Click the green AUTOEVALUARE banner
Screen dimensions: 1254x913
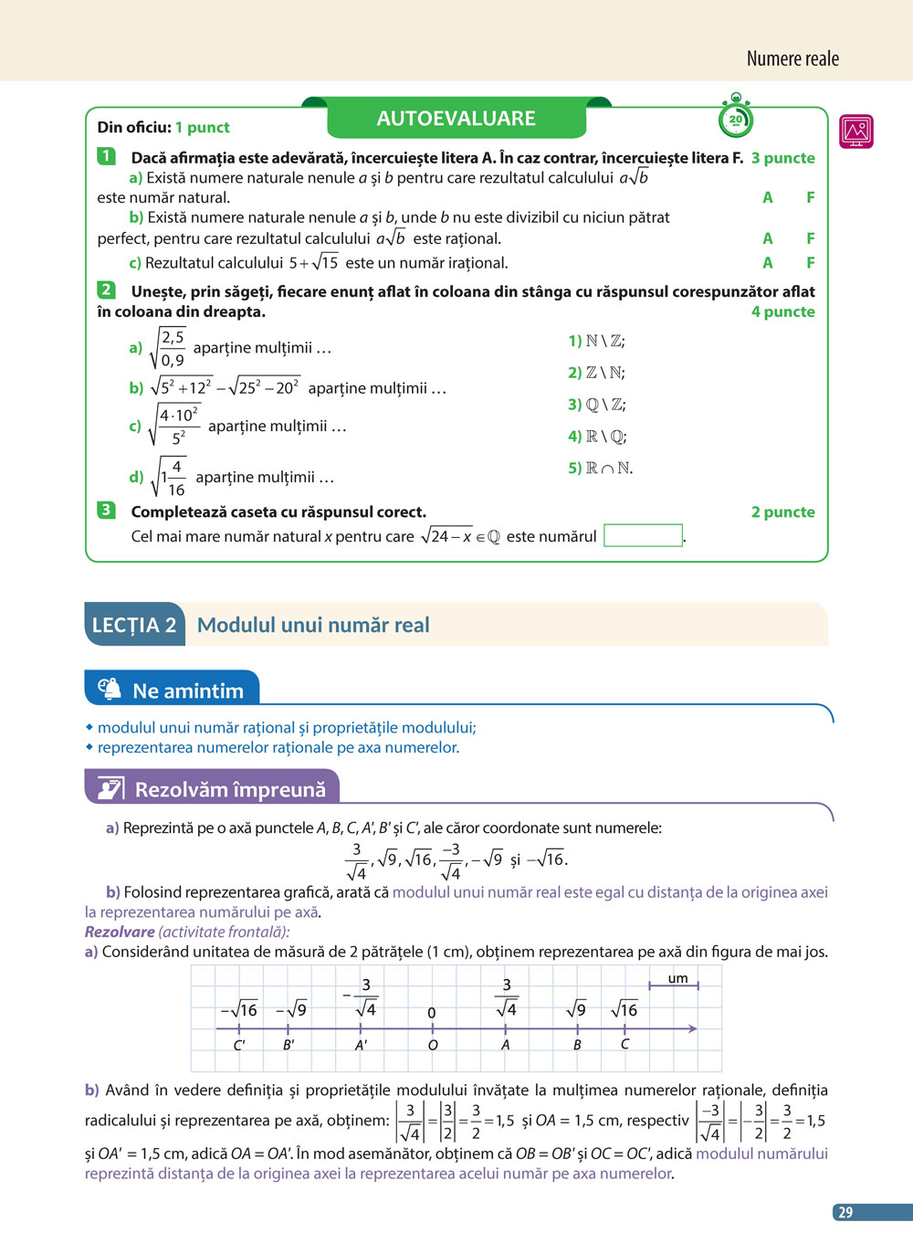pyautogui.click(x=456, y=119)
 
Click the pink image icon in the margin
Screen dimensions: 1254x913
pyautogui.click(x=856, y=132)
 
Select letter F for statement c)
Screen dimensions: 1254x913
pyautogui.click(x=810, y=263)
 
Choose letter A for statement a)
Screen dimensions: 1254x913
pyautogui.click(x=768, y=197)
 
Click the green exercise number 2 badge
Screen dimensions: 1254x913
pyautogui.click(x=107, y=290)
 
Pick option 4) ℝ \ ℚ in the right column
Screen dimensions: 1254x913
pyautogui.click(x=597, y=437)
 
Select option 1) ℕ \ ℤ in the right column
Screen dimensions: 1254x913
pyautogui.click(x=596, y=341)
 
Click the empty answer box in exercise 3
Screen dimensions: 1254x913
pyautogui.click(x=643, y=535)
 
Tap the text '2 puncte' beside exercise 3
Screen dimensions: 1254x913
pyautogui.click(x=782, y=512)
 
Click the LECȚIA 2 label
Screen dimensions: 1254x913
pyautogui.click(x=134, y=625)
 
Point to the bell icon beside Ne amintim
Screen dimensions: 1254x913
pyautogui.click(x=110, y=690)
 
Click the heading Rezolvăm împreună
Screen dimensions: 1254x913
pyautogui.click(x=230, y=789)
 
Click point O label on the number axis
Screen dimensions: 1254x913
pyautogui.click(x=433, y=1045)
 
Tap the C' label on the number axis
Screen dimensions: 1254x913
pyautogui.click(x=239, y=1045)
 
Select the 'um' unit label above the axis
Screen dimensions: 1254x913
pyautogui.click(x=677, y=978)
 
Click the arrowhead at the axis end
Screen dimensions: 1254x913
pyautogui.click(x=693, y=1028)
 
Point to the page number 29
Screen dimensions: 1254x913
pyautogui.click(x=845, y=1212)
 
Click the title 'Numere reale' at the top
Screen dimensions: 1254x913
pyautogui.click(x=792, y=59)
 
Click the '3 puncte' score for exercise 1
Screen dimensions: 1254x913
pyautogui.click(x=782, y=158)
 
